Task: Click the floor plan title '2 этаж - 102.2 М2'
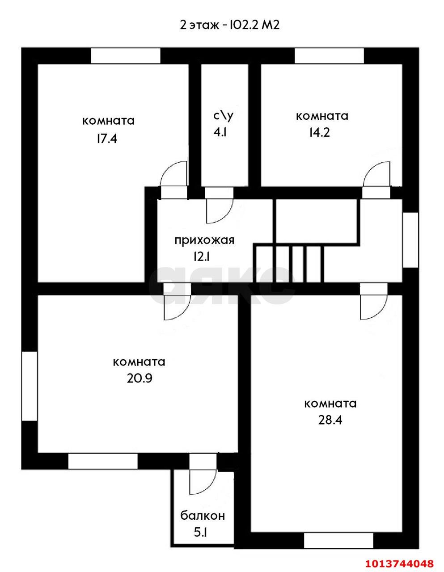(229, 25)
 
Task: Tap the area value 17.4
(107, 139)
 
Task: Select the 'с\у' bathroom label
(223, 116)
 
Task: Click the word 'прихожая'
(205, 240)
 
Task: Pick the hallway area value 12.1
(202, 257)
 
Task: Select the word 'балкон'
(203, 515)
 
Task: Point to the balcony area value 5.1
(200, 533)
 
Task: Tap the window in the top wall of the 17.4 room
(126, 55)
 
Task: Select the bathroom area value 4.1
(220, 132)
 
